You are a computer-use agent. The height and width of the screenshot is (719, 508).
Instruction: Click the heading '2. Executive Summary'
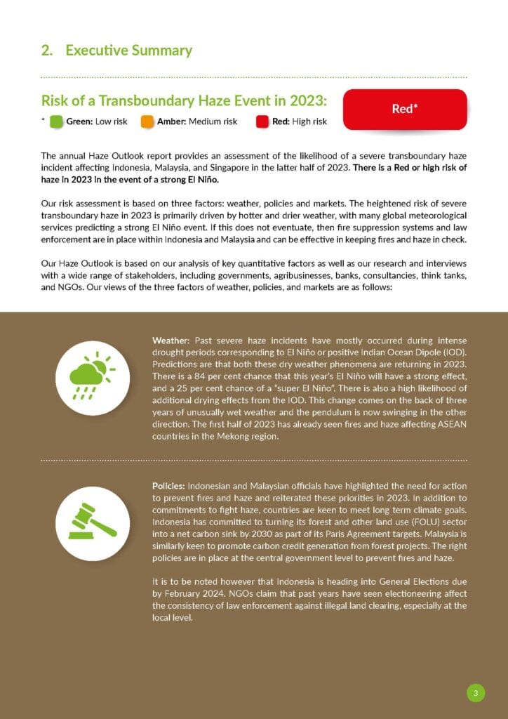[116, 51]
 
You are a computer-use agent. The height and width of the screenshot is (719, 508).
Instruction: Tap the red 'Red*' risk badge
[405, 109]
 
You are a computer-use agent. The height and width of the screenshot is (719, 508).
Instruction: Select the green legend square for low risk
[56, 121]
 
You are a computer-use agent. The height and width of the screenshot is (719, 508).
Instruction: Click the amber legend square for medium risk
[147, 121]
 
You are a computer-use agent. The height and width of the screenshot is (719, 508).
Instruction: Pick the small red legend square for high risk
[262, 121]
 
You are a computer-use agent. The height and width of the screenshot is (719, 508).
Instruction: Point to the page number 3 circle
[476, 694]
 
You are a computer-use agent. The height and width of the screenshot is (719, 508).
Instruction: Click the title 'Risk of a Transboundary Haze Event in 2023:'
[184, 100]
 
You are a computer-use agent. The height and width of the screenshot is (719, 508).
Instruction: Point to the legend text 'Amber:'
[171, 121]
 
